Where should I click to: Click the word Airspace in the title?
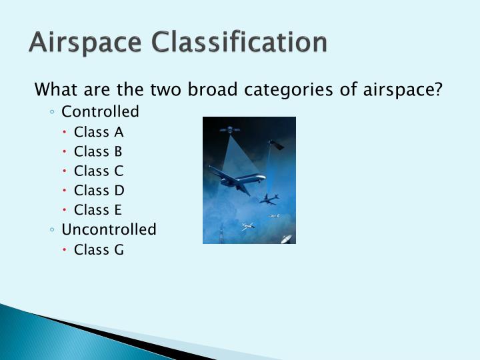85,42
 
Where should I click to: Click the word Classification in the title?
239,42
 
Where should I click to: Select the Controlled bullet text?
100,111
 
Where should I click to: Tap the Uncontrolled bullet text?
109,229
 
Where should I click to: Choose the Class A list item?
99,131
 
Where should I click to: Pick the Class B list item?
99,151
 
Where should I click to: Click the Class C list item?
99,171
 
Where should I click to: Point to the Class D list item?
99,190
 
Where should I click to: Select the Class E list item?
99,210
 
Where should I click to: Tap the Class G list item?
99,249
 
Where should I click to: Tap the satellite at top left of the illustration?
229,129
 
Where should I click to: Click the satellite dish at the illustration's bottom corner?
286,238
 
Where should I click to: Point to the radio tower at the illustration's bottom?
221,234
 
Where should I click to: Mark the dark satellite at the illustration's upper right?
275,144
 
